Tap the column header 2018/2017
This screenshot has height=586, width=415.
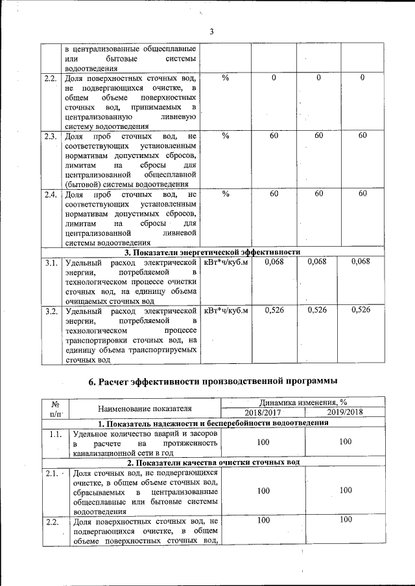[x=263, y=412]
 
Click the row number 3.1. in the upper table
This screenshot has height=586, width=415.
[x=51, y=262]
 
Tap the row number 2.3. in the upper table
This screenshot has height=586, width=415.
[x=50, y=136]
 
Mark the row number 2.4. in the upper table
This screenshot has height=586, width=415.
[x=50, y=194]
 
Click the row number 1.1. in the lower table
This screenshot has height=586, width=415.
[x=55, y=434]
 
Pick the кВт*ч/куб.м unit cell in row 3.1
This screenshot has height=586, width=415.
[x=226, y=262]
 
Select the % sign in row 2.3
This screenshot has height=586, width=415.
[x=226, y=136]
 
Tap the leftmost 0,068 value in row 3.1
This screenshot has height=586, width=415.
[x=274, y=262]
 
